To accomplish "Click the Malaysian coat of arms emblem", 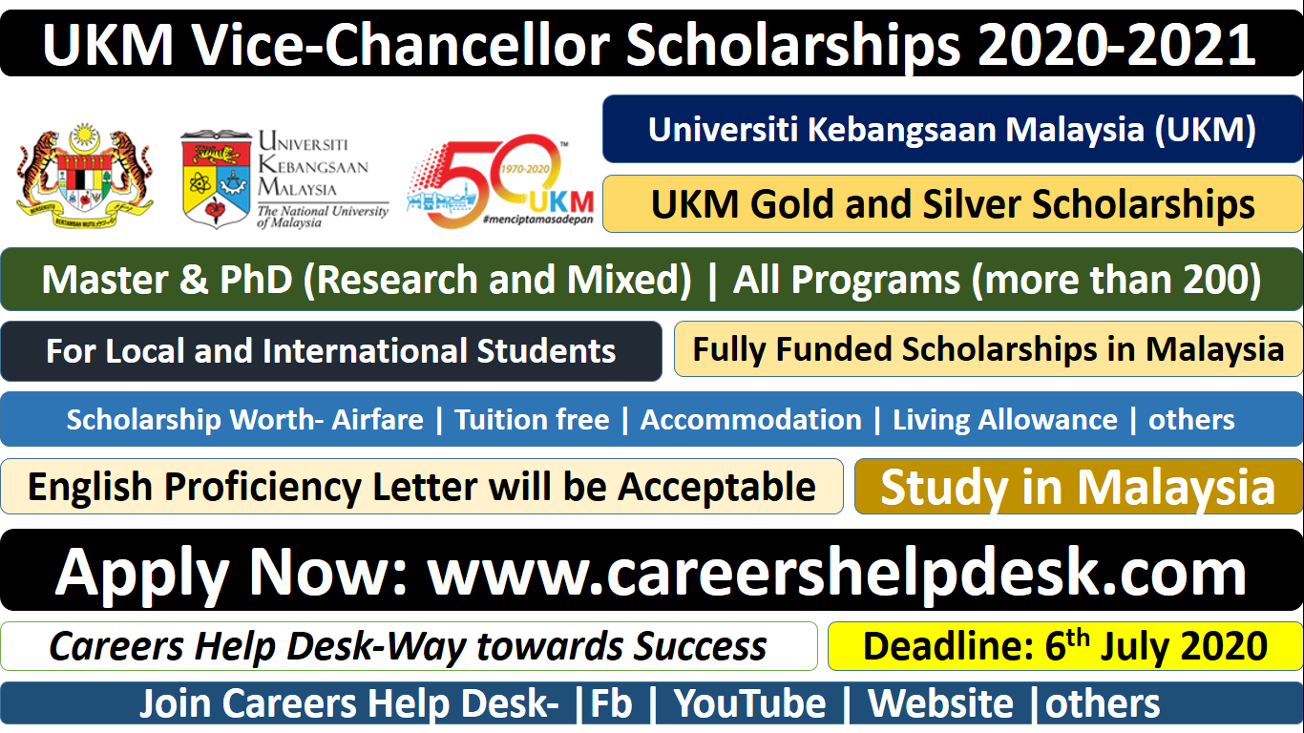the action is click(85, 176).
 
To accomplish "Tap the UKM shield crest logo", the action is click(217, 178).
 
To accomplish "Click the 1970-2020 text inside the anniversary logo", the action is click(525, 169).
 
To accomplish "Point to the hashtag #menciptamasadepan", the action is click(537, 220).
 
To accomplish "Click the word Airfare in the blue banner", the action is click(377, 420).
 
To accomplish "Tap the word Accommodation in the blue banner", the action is click(751, 420).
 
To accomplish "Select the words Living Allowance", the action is click(1005, 420).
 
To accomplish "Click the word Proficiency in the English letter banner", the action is click(263, 487).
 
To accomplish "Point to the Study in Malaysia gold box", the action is click(1078, 487).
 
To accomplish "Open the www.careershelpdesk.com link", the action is click(836, 572).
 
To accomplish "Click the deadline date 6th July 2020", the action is click(1156, 645).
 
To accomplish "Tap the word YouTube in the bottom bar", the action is click(749, 703).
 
